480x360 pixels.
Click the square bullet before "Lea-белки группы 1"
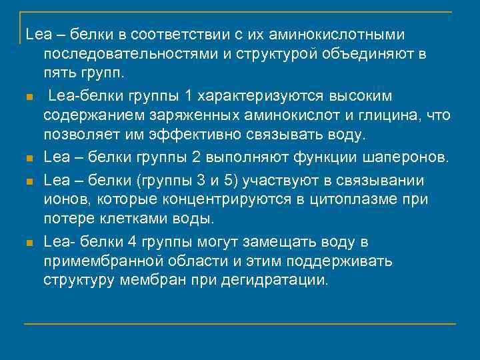(x=29, y=97)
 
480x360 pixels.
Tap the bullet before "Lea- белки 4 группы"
(x=29, y=242)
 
